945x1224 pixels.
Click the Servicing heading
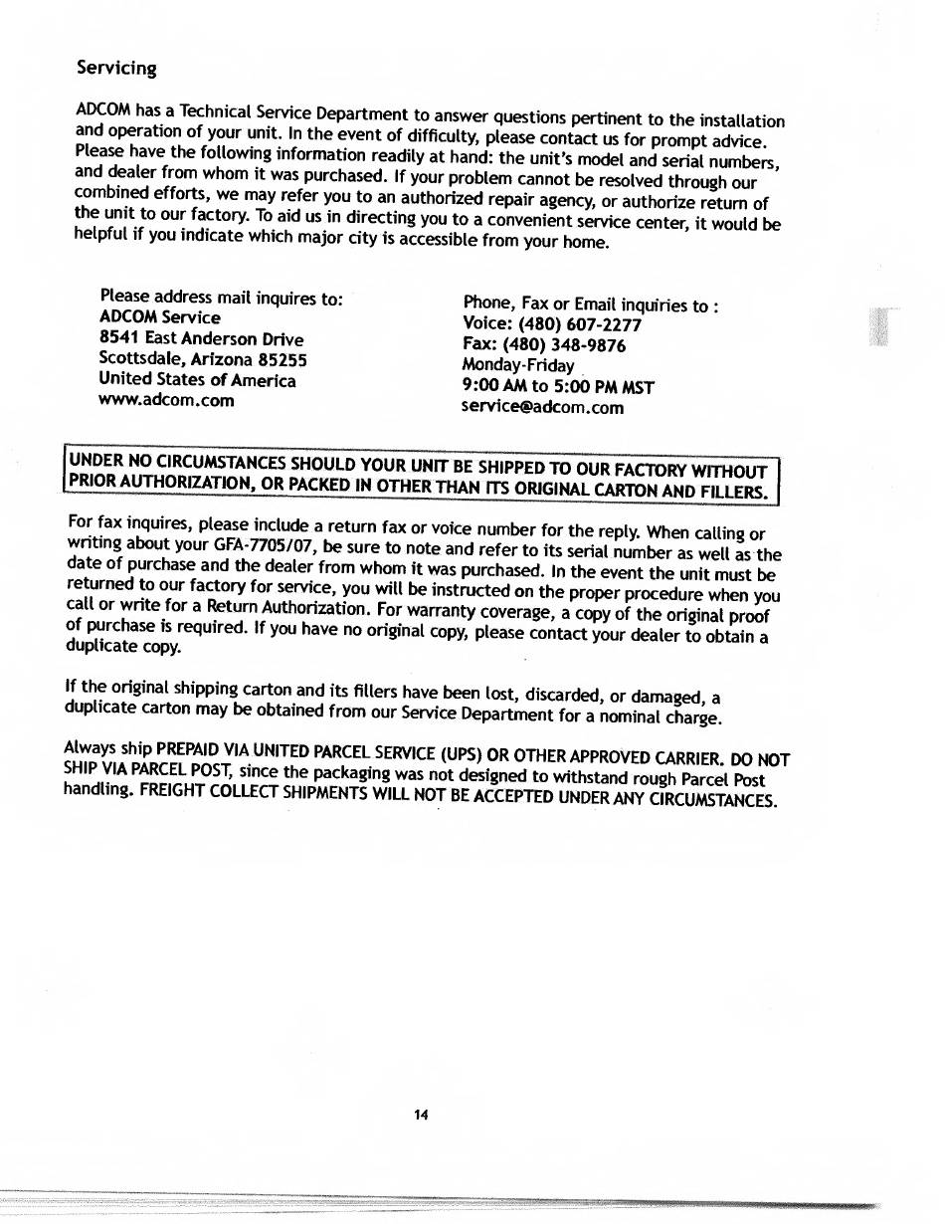116,69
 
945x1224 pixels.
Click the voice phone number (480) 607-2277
580,325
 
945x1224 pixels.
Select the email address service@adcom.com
543,407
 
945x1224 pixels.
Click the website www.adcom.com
167,401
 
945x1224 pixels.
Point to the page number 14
421,1116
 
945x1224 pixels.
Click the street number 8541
119,338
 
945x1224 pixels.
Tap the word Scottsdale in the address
139,359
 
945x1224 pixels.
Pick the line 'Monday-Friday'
518,365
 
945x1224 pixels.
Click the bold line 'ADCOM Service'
160,317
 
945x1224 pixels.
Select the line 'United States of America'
197,380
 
